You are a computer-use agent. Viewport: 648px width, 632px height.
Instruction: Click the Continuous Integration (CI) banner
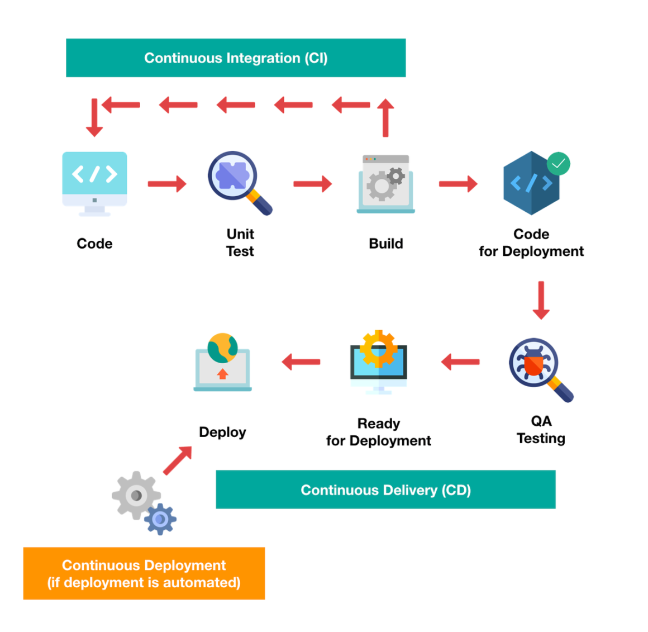pos(236,58)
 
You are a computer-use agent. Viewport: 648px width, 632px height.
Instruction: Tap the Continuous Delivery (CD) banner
pos(385,490)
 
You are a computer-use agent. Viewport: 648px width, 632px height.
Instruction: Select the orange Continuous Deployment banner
pos(144,573)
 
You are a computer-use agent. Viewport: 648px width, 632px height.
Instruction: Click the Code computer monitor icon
pos(94,184)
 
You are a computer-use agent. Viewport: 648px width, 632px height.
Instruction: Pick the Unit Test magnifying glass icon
pos(240,183)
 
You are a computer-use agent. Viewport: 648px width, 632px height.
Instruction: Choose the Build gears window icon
pos(385,184)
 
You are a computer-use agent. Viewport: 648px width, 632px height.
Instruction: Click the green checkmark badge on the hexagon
pos(558,164)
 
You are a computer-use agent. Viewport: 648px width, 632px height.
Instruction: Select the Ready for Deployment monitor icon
pos(379,362)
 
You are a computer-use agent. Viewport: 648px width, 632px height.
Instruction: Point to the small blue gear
pos(160,519)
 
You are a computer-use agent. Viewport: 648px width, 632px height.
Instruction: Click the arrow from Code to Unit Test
pos(168,184)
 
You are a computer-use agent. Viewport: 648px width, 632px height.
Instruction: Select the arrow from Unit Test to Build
pos(313,184)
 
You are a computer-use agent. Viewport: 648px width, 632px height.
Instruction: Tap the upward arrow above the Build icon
pos(385,118)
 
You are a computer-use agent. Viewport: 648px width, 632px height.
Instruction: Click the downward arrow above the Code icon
pos(94,118)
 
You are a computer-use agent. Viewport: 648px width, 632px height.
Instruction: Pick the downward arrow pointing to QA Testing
pos(541,301)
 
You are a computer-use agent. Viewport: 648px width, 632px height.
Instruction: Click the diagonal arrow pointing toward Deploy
pos(178,460)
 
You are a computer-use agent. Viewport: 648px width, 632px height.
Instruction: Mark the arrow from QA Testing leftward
pos(460,362)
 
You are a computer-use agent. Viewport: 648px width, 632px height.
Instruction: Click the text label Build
pos(385,244)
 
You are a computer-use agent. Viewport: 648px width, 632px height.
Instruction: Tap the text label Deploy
pos(222,433)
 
